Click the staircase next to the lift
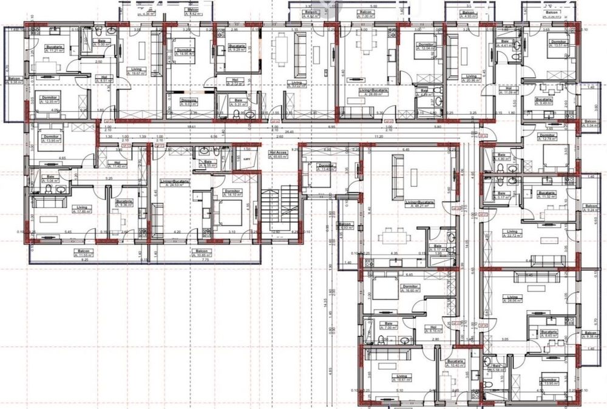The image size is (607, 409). pos(280,209)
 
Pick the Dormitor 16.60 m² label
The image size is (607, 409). pos(411,288)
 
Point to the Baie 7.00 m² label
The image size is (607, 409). pos(388,326)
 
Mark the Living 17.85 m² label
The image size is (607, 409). pos(82,209)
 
